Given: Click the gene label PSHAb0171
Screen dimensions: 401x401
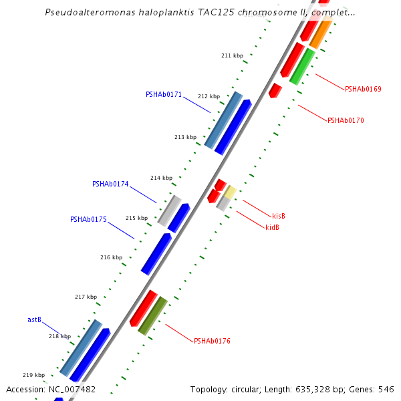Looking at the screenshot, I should click(x=163, y=94).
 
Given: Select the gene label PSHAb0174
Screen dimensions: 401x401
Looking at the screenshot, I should click(x=110, y=184).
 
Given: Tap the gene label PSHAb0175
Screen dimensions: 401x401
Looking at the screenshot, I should click(x=88, y=219).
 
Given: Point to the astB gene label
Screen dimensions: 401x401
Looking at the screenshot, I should click(x=35, y=319).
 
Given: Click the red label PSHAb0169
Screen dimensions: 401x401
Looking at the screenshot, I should click(x=363, y=89).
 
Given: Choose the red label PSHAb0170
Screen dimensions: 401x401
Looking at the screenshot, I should click(x=346, y=120).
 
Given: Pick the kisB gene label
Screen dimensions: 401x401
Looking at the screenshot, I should click(x=279, y=216).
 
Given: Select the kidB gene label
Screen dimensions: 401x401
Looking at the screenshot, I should click(x=272, y=227).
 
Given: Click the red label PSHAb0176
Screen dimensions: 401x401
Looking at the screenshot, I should click(x=212, y=341).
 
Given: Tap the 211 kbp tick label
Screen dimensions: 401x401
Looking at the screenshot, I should click(x=232, y=55).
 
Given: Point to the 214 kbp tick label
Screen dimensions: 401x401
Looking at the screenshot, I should click(x=161, y=178).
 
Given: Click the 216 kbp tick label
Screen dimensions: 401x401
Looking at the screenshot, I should click(x=111, y=257).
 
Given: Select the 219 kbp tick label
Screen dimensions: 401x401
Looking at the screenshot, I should click(x=33, y=375).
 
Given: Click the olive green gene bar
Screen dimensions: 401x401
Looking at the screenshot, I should click(x=152, y=315).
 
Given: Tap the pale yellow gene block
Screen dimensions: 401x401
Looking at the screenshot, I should click(x=229, y=193).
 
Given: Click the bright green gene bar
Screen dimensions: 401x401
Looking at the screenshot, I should click(x=302, y=66).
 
